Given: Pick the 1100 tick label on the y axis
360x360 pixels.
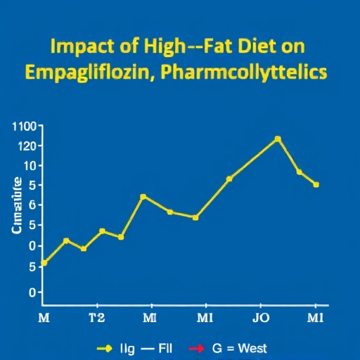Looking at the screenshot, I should pyautogui.click(x=24, y=127).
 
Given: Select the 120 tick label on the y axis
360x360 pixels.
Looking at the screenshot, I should pyautogui.click(x=26, y=146).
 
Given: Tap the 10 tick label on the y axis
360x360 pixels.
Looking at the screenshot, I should pyautogui.click(x=30, y=166).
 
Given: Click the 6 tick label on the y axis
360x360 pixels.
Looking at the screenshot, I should pyautogui.click(x=32, y=205).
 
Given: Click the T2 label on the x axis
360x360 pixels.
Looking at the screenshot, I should pyautogui.click(x=97, y=318).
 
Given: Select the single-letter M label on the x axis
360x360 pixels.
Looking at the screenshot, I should pyautogui.click(x=44, y=318).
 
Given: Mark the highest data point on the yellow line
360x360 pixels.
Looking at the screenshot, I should pyautogui.click(x=278, y=139).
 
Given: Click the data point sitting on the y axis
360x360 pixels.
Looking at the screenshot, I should pyautogui.click(x=44, y=263).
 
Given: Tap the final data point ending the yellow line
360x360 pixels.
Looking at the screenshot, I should pyautogui.click(x=316, y=185).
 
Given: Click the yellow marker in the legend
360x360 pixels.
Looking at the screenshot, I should pyautogui.click(x=105, y=348).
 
